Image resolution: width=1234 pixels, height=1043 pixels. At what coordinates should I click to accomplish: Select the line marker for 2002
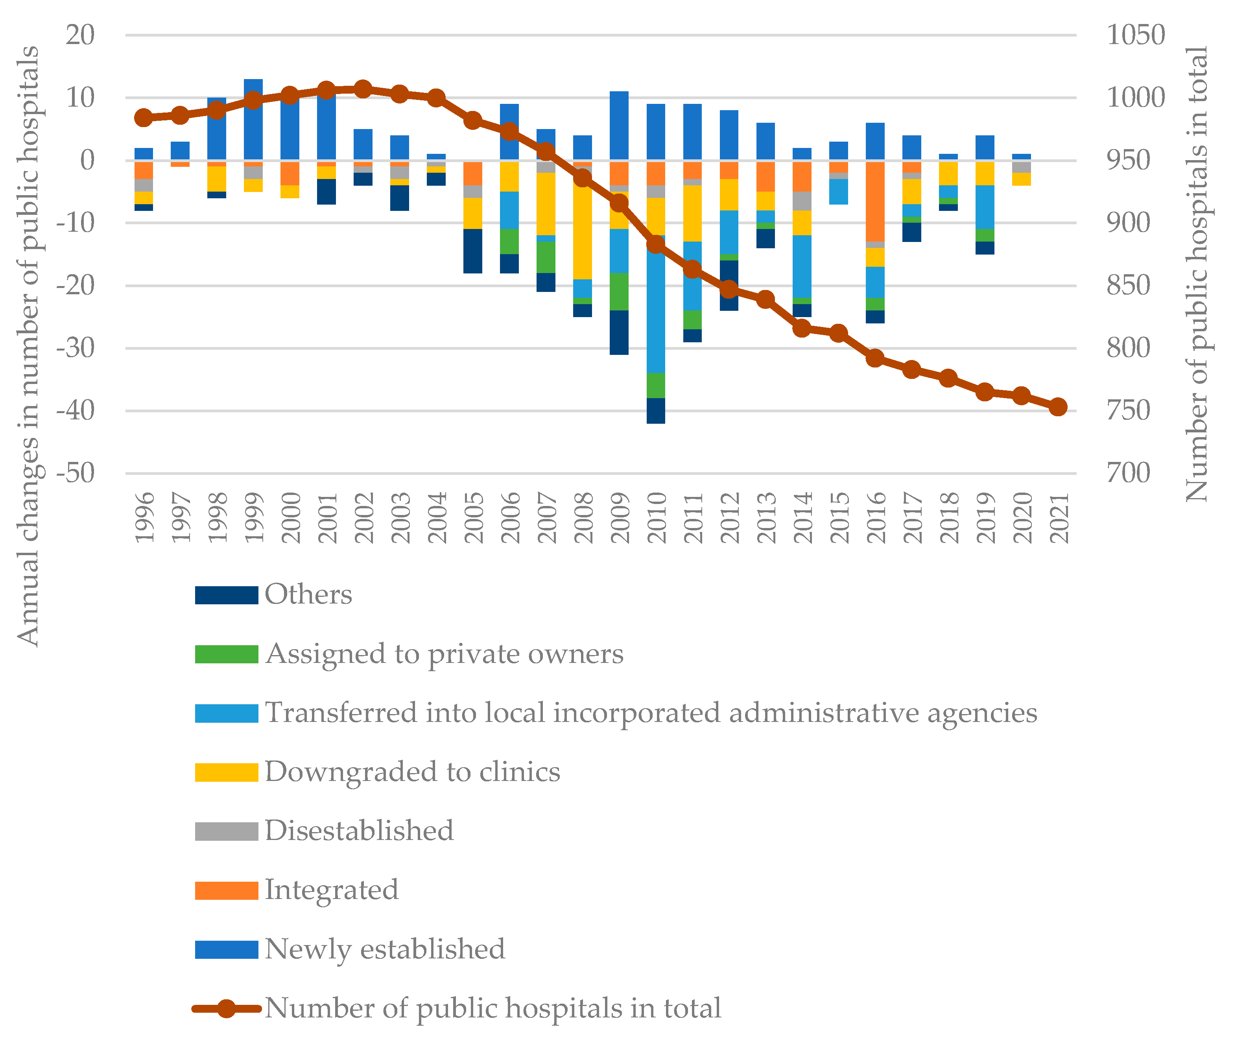[x=363, y=89]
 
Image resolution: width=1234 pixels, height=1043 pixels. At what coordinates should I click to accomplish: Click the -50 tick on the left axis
[x=76, y=473]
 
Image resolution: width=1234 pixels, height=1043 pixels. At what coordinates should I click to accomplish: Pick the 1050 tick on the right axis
[x=1135, y=35]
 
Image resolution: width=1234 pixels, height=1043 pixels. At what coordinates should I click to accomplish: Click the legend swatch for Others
[x=227, y=595]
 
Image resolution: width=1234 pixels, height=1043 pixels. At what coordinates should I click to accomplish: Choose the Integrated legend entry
[x=331, y=890]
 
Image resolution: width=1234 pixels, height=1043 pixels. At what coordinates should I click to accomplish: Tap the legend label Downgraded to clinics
[x=412, y=772]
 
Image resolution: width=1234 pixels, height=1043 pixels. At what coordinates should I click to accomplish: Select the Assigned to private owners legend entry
[x=443, y=654]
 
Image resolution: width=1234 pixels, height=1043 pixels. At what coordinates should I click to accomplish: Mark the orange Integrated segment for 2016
[x=875, y=201]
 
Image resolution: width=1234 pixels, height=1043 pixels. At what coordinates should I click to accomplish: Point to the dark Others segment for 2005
[x=473, y=251]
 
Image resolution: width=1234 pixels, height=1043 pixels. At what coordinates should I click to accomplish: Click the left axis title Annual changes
[x=28, y=346]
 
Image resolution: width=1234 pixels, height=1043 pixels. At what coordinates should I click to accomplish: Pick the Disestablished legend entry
[x=359, y=831]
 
